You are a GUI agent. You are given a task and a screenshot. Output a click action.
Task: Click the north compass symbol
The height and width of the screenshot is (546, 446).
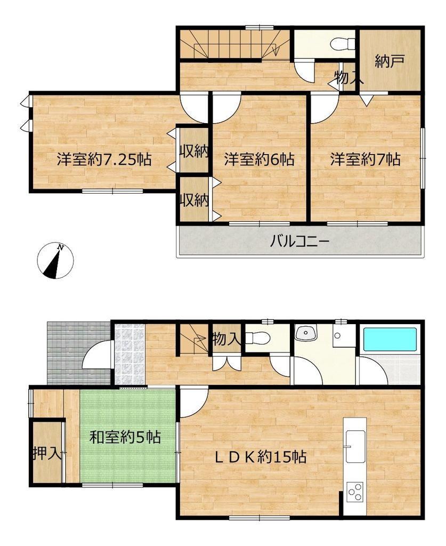[x=55, y=260]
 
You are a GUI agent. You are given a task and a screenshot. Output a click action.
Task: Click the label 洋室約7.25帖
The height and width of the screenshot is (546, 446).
[x=104, y=159]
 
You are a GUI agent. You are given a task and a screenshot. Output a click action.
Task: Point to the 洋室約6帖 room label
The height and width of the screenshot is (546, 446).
[x=259, y=159]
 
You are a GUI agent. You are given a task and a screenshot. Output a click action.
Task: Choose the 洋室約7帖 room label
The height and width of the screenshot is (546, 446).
[x=366, y=159]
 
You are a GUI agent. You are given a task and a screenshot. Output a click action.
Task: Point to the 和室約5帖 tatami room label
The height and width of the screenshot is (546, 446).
[x=125, y=437]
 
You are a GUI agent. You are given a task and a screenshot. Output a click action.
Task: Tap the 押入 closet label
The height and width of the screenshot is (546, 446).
[x=47, y=453]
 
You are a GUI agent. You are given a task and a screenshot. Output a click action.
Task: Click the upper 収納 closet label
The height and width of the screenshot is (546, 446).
[x=194, y=151]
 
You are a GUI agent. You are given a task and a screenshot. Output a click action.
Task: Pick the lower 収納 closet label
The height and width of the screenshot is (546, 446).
[x=194, y=200]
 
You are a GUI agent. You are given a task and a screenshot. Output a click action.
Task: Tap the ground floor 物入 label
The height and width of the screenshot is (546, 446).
[x=226, y=339]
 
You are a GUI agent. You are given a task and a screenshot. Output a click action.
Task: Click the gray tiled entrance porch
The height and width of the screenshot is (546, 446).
[x=78, y=353]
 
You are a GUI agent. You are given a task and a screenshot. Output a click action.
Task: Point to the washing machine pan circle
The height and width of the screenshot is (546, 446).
[x=337, y=336]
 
